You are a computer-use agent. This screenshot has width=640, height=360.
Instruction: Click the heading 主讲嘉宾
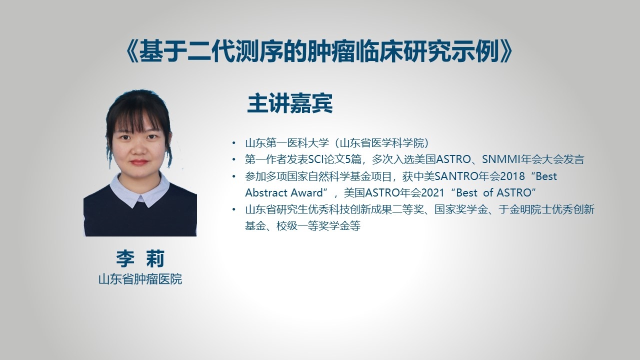point(289,103)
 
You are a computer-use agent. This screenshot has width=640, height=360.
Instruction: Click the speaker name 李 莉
point(140,258)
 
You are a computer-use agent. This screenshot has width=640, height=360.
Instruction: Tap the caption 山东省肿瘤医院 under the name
point(140,279)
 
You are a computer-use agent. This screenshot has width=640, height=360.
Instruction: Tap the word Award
point(306,193)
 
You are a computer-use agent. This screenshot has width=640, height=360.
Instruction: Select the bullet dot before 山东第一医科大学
point(234,143)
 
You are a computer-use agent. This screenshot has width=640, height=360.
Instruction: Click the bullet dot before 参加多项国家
point(234,176)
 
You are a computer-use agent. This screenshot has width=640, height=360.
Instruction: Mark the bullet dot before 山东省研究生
point(234,209)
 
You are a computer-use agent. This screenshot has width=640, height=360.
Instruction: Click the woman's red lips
point(139,162)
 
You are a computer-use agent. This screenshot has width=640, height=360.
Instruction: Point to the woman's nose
point(139,149)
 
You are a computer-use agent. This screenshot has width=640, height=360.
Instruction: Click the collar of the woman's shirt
point(139,191)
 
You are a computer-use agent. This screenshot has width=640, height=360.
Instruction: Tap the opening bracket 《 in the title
point(131,51)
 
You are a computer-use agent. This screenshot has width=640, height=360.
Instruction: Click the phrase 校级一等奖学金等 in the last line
point(318,226)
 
